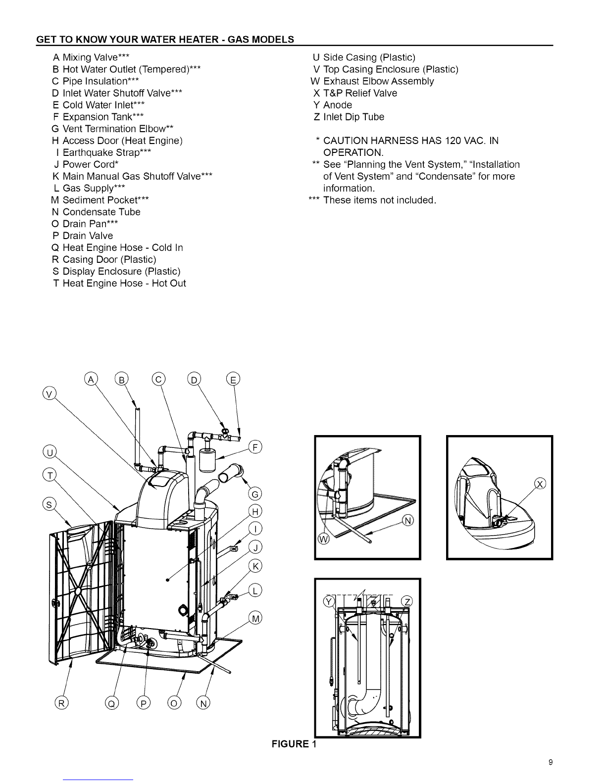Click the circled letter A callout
point(91,379)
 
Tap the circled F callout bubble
point(255,447)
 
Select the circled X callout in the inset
point(540,484)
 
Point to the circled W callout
point(323,539)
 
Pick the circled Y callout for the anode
point(329,601)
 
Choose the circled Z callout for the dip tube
point(407,601)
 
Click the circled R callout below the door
point(61,703)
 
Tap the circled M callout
point(255,619)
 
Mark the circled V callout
point(50,393)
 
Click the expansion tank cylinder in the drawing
point(207,460)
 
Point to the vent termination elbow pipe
point(231,473)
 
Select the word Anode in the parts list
point(338,105)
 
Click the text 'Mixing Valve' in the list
point(90,57)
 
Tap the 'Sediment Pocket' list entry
point(101,200)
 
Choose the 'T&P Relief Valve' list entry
point(360,93)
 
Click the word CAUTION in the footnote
point(346,141)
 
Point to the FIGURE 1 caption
point(294,744)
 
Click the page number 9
point(551,762)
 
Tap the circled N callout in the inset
point(408,521)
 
